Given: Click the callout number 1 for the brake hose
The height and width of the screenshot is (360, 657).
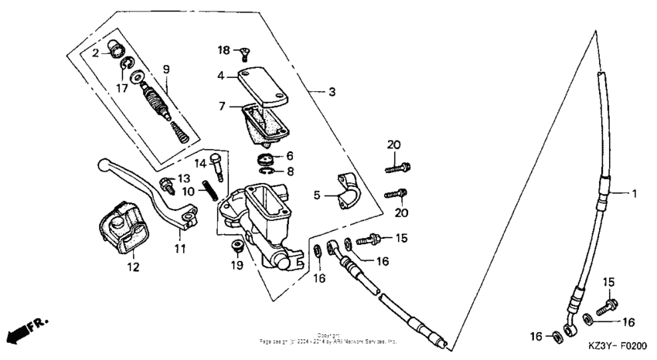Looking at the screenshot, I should point(635,194).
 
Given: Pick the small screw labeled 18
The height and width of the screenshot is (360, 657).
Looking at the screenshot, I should point(246,53).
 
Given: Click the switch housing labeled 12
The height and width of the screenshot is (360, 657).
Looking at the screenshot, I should point(120,229).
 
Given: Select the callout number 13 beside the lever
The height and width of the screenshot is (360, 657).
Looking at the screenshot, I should point(184,179).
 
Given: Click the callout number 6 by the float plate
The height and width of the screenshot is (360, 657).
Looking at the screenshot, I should point(289,156).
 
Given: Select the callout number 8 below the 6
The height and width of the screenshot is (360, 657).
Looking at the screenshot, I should point(289,172).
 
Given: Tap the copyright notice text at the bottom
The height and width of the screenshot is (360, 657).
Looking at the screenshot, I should point(328,338).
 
